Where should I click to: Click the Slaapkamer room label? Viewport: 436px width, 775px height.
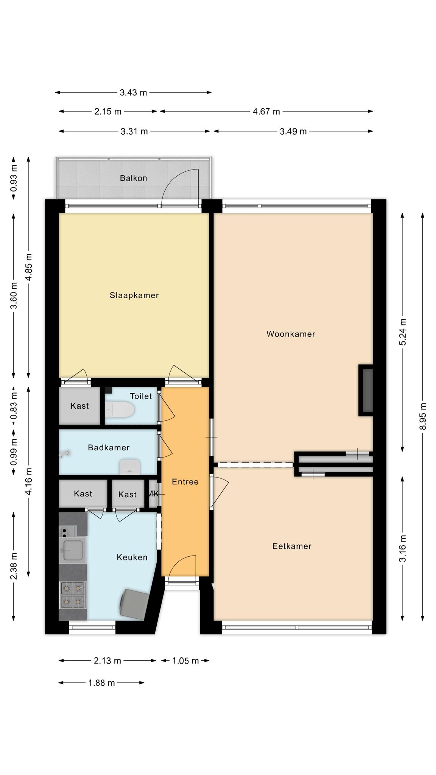pyautogui.click(x=134, y=295)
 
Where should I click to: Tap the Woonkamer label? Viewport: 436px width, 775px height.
pyautogui.click(x=291, y=334)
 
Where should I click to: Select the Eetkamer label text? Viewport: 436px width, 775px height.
pyautogui.click(x=292, y=546)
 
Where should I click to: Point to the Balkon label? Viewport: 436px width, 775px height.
pyautogui.click(x=133, y=178)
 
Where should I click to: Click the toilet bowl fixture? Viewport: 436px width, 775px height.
pyautogui.click(x=120, y=410)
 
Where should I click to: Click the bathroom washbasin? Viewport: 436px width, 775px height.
pyautogui.click(x=130, y=467)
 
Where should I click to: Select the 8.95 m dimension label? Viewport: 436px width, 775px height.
pyautogui.click(x=423, y=416)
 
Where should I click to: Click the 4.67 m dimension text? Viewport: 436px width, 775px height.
pyautogui.click(x=266, y=111)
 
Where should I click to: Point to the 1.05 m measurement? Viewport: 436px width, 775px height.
pyautogui.click(x=185, y=661)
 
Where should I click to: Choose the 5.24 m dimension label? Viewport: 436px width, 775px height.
pyautogui.click(x=402, y=332)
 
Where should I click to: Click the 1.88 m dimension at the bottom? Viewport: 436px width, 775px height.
pyautogui.click(x=101, y=683)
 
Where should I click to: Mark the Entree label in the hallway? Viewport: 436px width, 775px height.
pyautogui.click(x=185, y=482)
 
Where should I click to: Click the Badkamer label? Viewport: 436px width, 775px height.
pyautogui.click(x=109, y=448)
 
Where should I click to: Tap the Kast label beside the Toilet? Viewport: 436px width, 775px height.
pyautogui.click(x=80, y=406)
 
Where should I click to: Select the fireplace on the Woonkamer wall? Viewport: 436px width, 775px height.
pyautogui.click(x=366, y=390)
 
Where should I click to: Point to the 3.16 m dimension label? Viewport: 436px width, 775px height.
pyautogui.click(x=402, y=548)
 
